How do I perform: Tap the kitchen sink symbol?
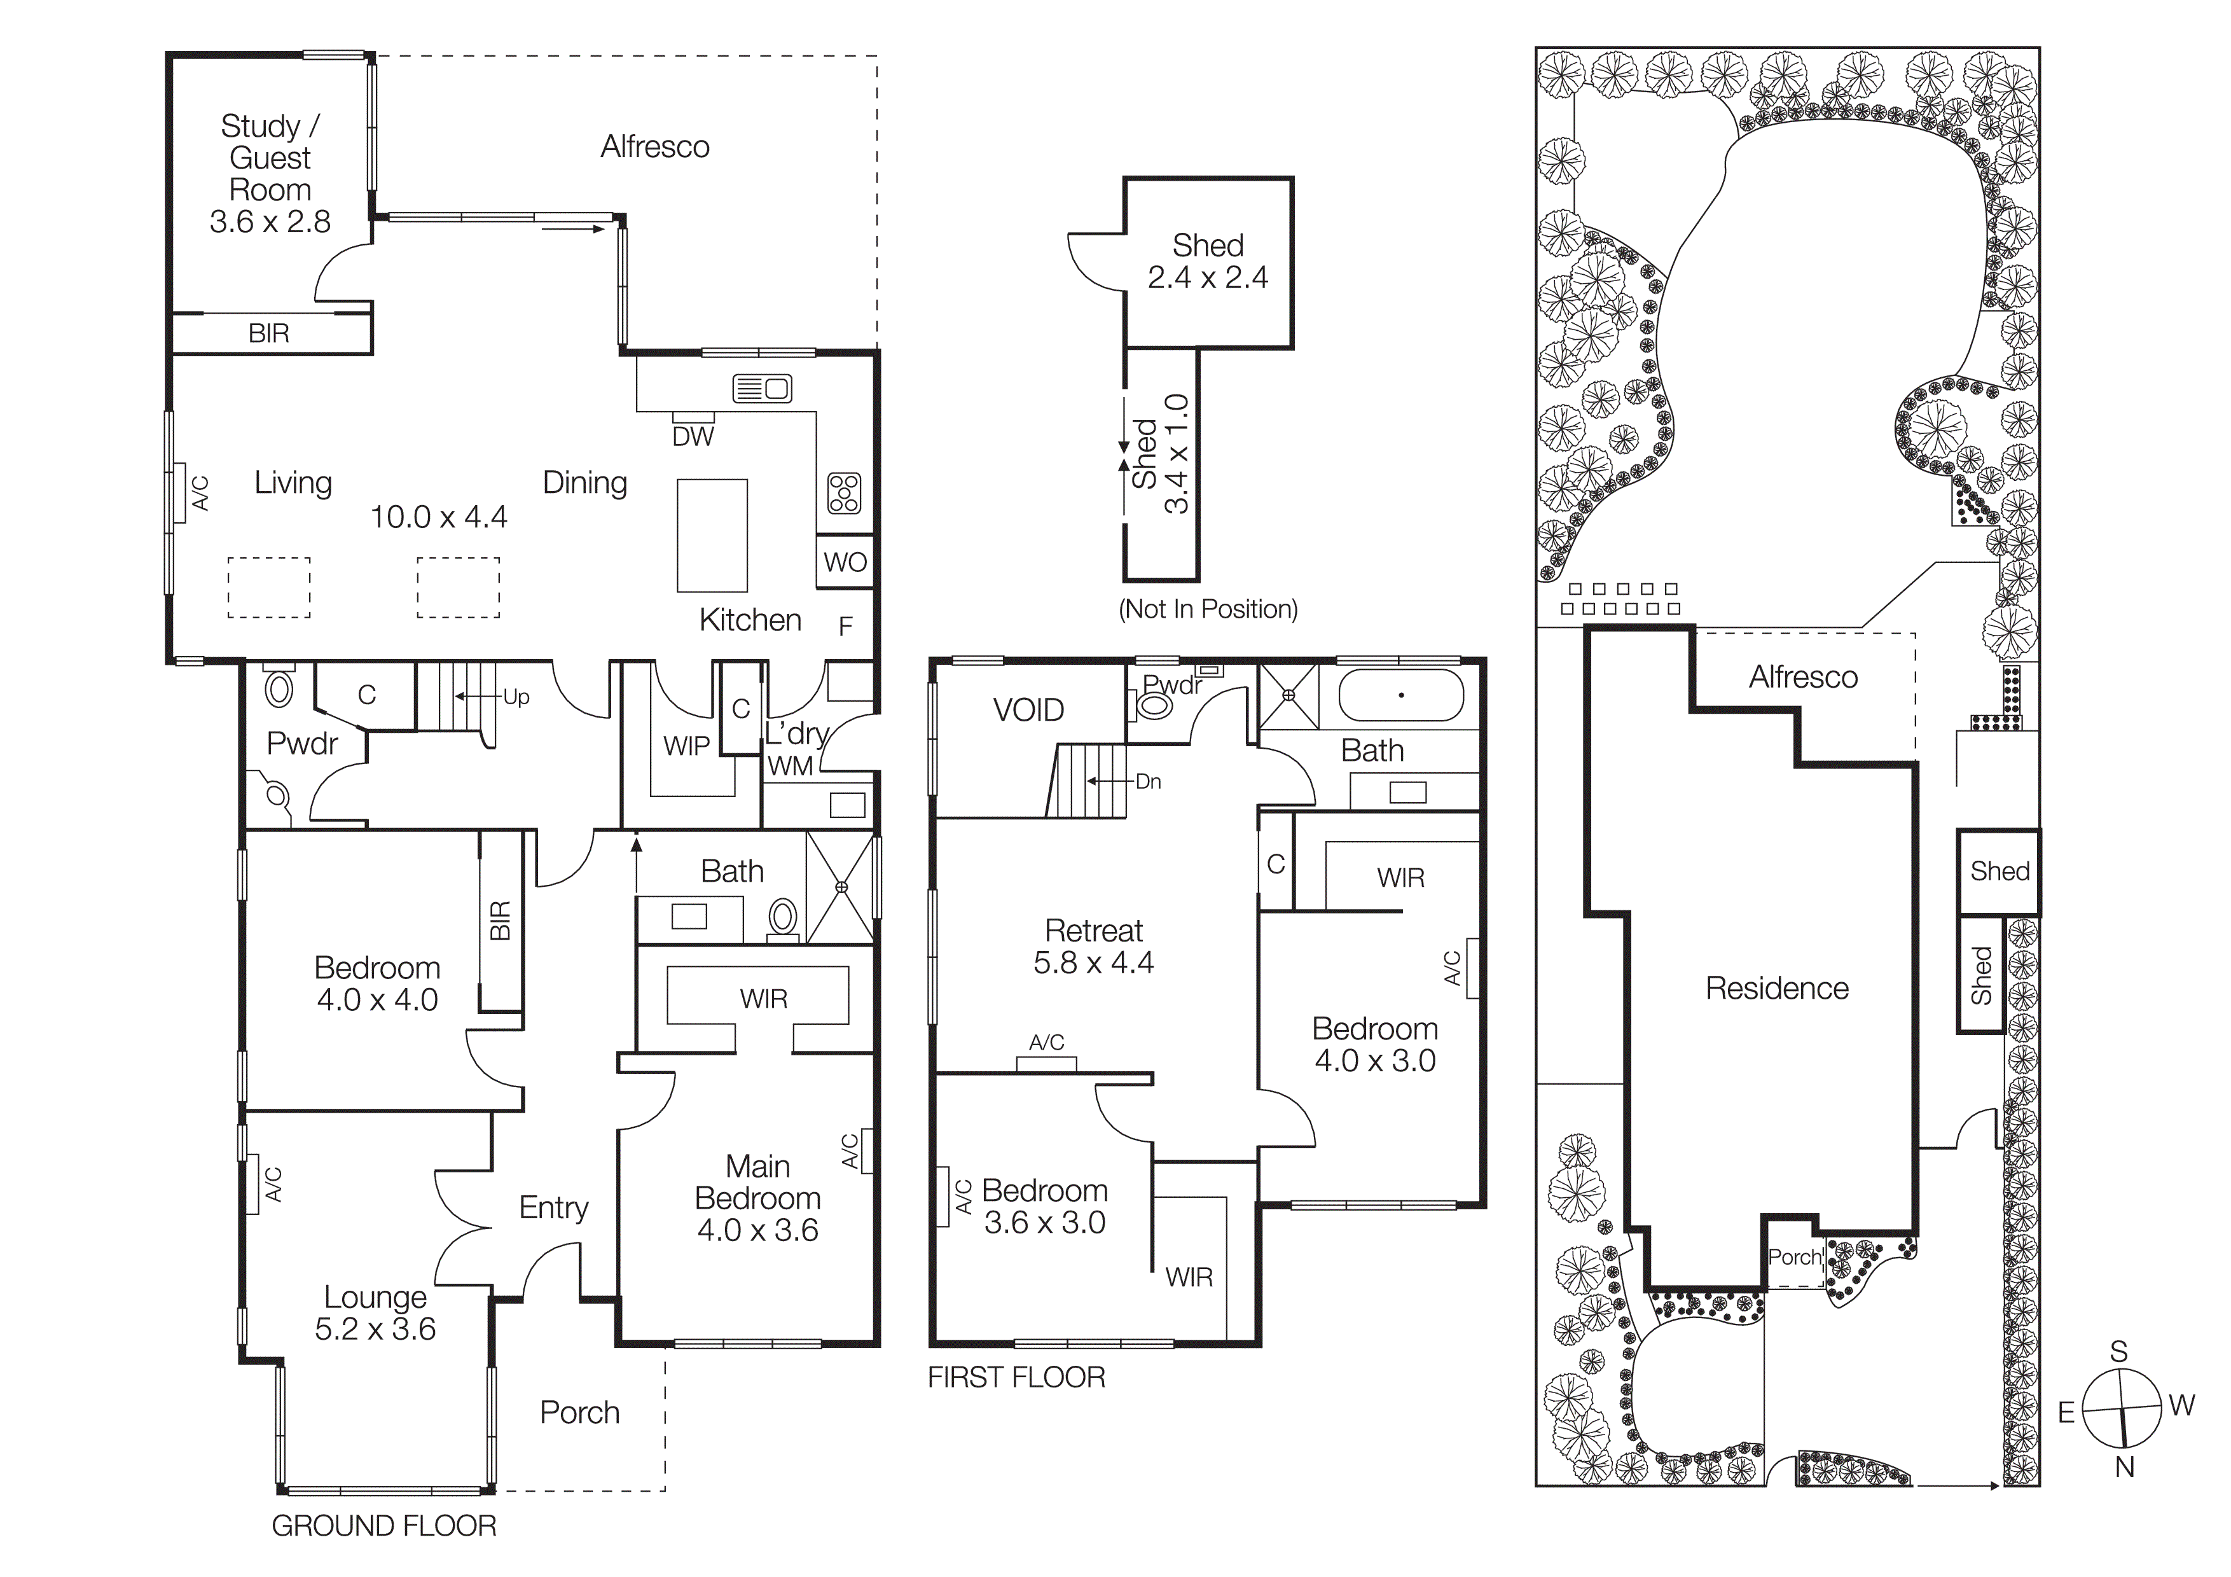(762, 389)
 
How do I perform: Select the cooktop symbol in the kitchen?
(843, 492)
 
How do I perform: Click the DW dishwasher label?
(693, 437)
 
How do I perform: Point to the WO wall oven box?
(845, 562)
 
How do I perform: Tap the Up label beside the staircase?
(516, 697)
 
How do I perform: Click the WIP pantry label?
(686, 746)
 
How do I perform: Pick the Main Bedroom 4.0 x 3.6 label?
(758, 1197)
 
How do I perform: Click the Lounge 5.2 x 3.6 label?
(375, 1313)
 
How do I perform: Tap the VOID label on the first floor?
(1028, 711)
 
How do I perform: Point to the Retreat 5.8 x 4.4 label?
(1093, 947)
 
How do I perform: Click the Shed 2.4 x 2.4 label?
(1207, 261)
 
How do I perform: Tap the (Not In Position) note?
(1208, 609)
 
